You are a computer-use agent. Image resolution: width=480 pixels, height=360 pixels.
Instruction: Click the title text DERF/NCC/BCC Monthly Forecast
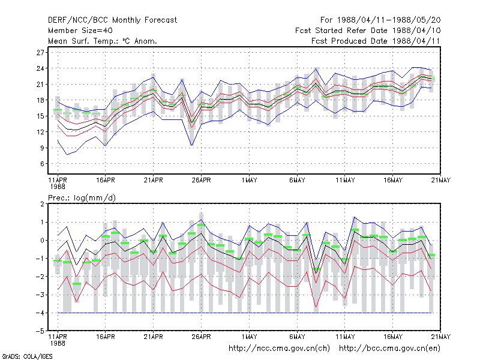pyautogui.click(x=112, y=20)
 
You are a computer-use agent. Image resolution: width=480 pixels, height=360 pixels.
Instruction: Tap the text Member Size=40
pyautogui.click(x=80, y=31)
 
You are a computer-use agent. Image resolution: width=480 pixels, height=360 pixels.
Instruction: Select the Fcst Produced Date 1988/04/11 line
pyautogui.click(x=376, y=41)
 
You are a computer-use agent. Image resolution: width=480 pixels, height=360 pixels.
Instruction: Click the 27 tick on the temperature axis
pyautogui.click(x=40, y=52)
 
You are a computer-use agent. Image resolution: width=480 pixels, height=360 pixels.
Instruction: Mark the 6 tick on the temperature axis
pyautogui.click(x=42, y=164)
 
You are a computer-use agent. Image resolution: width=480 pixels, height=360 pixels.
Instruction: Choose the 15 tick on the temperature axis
pyautogui.click(x=40, y=116)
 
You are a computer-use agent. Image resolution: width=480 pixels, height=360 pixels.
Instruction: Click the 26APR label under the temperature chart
pyautogui.click(x=201, y=181)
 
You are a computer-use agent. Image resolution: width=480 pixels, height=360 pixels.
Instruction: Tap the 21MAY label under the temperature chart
pyautogui.click(x=441, y=181)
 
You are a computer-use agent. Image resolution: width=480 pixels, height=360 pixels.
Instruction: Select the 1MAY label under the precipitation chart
pyautogui.click(x=249, y=337)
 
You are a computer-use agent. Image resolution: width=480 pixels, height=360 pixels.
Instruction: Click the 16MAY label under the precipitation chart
pyautogui.click(x=393, y=337)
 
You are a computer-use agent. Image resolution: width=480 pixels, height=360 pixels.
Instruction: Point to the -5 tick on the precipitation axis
pyautogui.click(x=40, y=331)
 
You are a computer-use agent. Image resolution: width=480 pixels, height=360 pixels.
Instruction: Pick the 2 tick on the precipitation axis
pyautogui.click(x=42, y=204)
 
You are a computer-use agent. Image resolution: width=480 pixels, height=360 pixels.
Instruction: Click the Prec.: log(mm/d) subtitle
pyautogui.click(x=82, y=198)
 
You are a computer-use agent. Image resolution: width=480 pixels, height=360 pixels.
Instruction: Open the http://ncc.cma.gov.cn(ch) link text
pyautogui.click(x=279, y=349)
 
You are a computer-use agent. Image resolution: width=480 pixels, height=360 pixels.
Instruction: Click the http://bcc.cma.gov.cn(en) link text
pyautogui.click(x=389, y=349)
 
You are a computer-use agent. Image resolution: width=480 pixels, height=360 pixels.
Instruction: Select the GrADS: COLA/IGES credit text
pyautogui.click(x=27, y=356)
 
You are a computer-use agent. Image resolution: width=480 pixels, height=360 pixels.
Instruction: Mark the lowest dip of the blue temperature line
pyautogui.click(x=67, y=155)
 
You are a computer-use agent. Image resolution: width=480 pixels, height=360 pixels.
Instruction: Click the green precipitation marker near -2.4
pyautogui.click(x=77, y=284)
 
